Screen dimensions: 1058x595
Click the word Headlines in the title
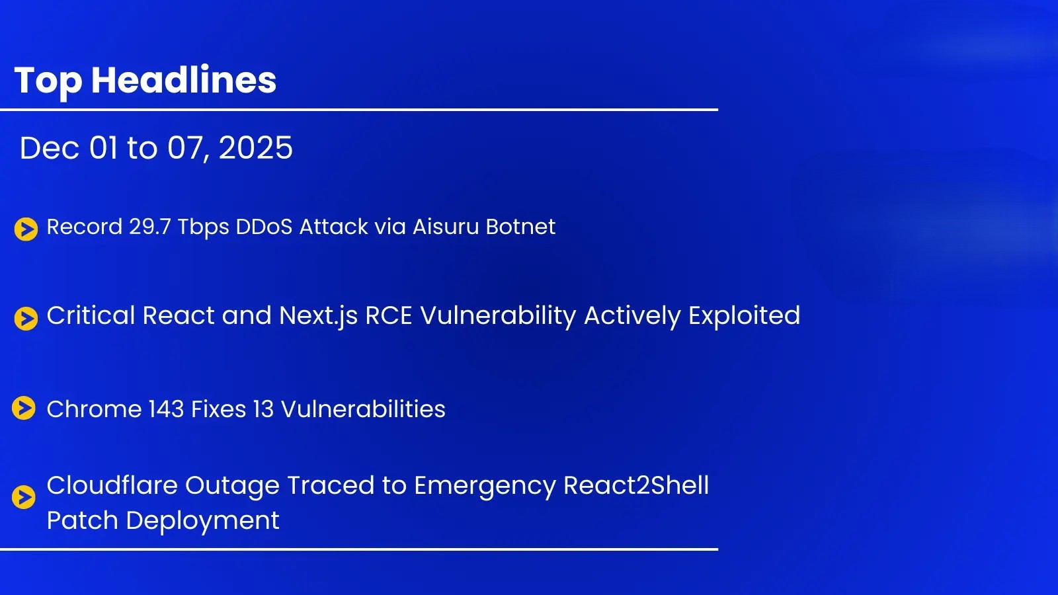tap(184, 79)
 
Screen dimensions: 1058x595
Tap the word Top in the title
tap(48, 81)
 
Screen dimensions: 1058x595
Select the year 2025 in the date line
tap(255, 148)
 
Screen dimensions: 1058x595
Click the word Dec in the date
tap(49, 148)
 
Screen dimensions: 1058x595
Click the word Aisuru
tap(446, 227)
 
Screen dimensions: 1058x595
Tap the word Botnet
tap(520, 227)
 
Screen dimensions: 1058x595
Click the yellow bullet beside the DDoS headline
tap(26, 229)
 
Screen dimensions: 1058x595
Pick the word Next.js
tap(318, 315)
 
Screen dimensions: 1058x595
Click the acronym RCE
tap(389, 315)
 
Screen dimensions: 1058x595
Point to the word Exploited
tap(744, 315)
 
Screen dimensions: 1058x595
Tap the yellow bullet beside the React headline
tap(26, 319)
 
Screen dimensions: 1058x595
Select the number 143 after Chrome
tap(166, 409)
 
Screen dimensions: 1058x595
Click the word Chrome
tap(94, 409)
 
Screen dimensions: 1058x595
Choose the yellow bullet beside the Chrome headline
tap(24, 408)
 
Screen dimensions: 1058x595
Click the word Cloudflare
tap(112, 485)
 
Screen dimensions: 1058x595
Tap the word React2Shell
tap(636, 485)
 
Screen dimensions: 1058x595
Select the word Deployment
tap(202, 521)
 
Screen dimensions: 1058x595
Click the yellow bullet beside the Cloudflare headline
tap(24, 497)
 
